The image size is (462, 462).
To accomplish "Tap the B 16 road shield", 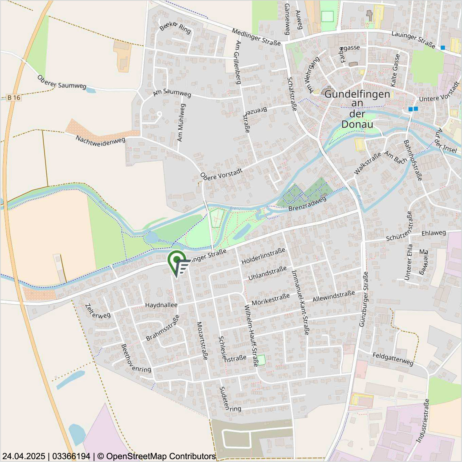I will tap(14, 98).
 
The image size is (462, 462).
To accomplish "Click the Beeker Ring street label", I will tap(175, 27).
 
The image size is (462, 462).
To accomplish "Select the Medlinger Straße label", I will tap(256, 37).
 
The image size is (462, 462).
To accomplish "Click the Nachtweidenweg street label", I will tap(100, 141).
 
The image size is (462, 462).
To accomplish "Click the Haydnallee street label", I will tap(161, 305).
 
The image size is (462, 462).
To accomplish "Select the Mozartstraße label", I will tap(202, 341).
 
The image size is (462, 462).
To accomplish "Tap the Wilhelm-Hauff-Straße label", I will tap(251, 335).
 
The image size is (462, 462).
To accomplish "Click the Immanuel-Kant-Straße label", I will tap(300, 302).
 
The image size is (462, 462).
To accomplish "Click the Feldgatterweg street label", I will tap(393, 359).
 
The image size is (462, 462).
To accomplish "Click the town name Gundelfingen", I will tap(357, 94).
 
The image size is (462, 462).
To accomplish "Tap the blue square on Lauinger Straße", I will tap(443, 48).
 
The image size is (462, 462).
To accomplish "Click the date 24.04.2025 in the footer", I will tap(23, 456).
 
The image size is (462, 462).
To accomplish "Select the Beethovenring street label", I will tap(136, 359).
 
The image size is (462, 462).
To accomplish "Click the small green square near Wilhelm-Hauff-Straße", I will tap(262, 360).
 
